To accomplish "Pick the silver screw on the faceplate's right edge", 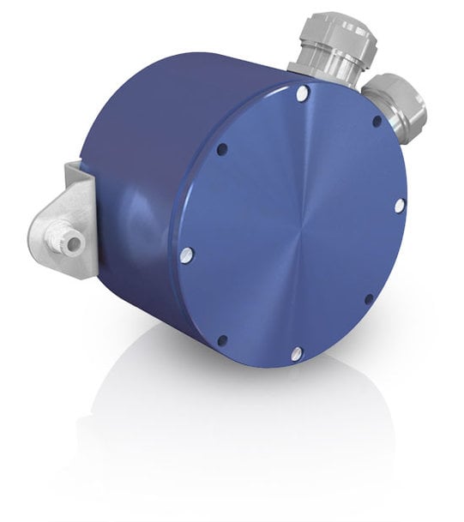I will tap(399, 206).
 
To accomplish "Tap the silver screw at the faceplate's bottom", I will tap(296, 353).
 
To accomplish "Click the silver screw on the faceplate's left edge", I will tap(188, 254).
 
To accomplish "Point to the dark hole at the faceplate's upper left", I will tap(222, 149).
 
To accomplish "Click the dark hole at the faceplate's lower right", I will tap(369, 299).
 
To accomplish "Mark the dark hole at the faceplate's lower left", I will tap(222, 340).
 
